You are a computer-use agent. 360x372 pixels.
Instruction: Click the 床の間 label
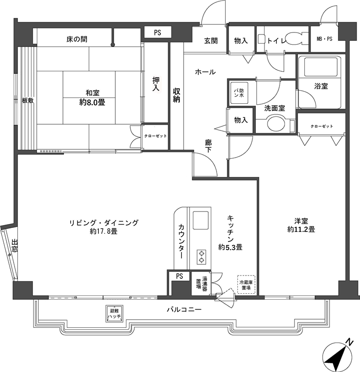tap(77, 39)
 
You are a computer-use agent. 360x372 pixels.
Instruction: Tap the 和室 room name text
tap(93, 93)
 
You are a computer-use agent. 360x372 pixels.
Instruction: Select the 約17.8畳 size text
tap(104, 231)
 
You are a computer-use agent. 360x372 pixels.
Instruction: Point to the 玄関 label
tap(211, 41)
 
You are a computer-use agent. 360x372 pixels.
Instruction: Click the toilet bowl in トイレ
tap(295, 38)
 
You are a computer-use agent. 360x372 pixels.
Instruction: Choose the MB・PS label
tap(325, 39)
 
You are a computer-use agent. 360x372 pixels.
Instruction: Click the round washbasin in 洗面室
tap(276, 123)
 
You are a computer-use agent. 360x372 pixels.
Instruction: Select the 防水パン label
tap(239, 93)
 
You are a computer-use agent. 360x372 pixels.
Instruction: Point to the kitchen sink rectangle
tap(201, 220)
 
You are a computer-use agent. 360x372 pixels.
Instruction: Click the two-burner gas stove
tap(202, 257)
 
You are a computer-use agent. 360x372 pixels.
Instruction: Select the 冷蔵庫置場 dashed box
tap(246, 285)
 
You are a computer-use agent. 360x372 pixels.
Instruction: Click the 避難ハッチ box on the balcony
tap(114, 314)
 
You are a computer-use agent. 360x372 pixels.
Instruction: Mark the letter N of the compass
tap(349, 342)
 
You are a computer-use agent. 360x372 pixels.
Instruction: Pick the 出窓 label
tap(15, 246)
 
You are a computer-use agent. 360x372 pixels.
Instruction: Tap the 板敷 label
tap(28, 100)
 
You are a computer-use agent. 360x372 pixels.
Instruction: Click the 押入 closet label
tap(156, 84)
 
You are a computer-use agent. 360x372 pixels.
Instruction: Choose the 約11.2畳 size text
tap(301, 229)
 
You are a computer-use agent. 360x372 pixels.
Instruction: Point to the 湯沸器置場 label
tap(202, 284)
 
